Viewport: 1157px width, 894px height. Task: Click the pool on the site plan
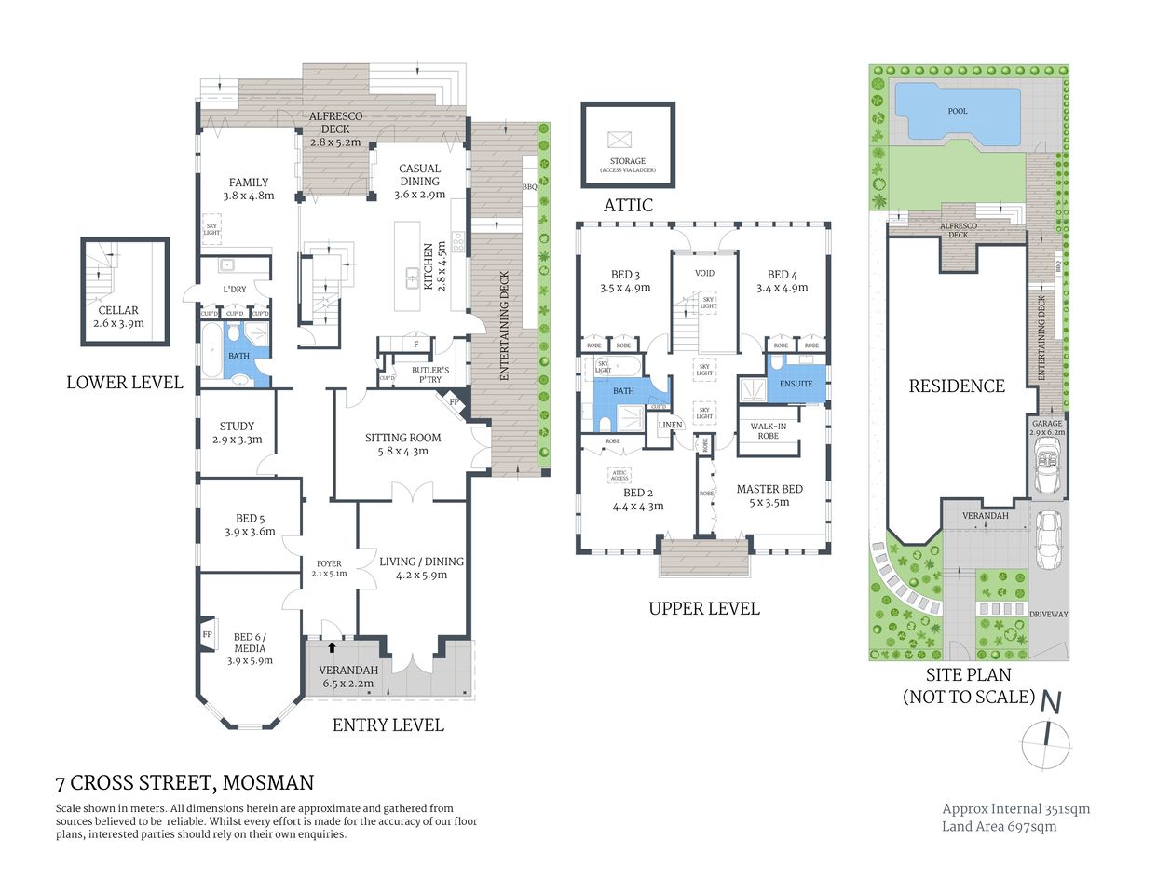(957, 112)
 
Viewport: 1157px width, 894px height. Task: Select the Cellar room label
(118, 310)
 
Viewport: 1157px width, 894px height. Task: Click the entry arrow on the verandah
(332, 646)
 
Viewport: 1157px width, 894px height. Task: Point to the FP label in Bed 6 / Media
(207, 634)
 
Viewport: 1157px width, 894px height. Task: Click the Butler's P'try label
(429, 374)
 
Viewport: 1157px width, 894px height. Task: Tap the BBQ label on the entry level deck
(529, 187)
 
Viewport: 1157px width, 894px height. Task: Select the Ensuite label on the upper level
(796, 384)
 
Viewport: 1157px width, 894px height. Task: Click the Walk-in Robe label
(768, 431)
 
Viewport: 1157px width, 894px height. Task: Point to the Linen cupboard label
(670, 425)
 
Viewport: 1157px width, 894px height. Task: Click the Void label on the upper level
(704, 273)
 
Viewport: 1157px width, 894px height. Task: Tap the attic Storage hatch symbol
(619, 140)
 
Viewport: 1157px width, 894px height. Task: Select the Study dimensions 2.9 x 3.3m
(237, 440)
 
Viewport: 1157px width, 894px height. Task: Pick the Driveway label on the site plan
(1048, 615)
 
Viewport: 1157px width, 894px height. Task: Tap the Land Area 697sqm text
(999, 826)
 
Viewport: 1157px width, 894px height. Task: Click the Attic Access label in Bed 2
(620, 475)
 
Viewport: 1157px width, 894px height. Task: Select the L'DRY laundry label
(235, 290)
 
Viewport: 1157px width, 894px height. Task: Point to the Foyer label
(329, 563)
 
